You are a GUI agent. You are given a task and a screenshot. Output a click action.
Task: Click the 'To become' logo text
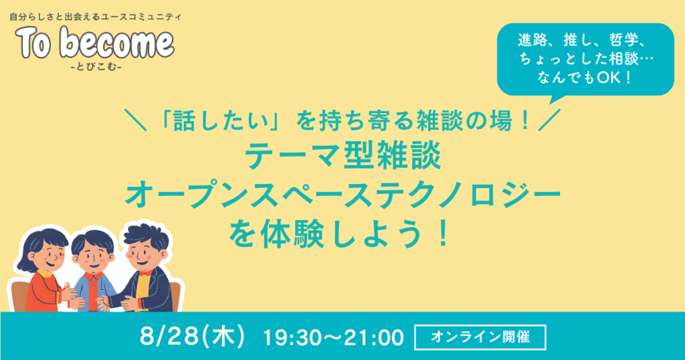(95, 43)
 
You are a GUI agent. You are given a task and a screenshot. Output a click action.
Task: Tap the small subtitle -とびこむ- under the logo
(96, 68)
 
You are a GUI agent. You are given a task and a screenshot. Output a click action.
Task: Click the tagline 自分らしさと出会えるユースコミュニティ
(95, 17)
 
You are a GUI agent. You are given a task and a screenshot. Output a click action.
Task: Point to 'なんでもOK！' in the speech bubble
(585, 78)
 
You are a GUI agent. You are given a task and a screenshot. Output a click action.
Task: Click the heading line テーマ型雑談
(343, 157)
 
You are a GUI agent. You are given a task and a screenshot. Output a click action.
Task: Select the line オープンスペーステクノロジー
(342, 195)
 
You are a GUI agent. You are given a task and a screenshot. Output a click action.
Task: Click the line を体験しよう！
(339, 235)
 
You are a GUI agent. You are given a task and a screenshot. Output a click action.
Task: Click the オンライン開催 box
(480, 337)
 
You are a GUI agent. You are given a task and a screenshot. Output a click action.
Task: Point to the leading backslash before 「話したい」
(135, 120)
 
